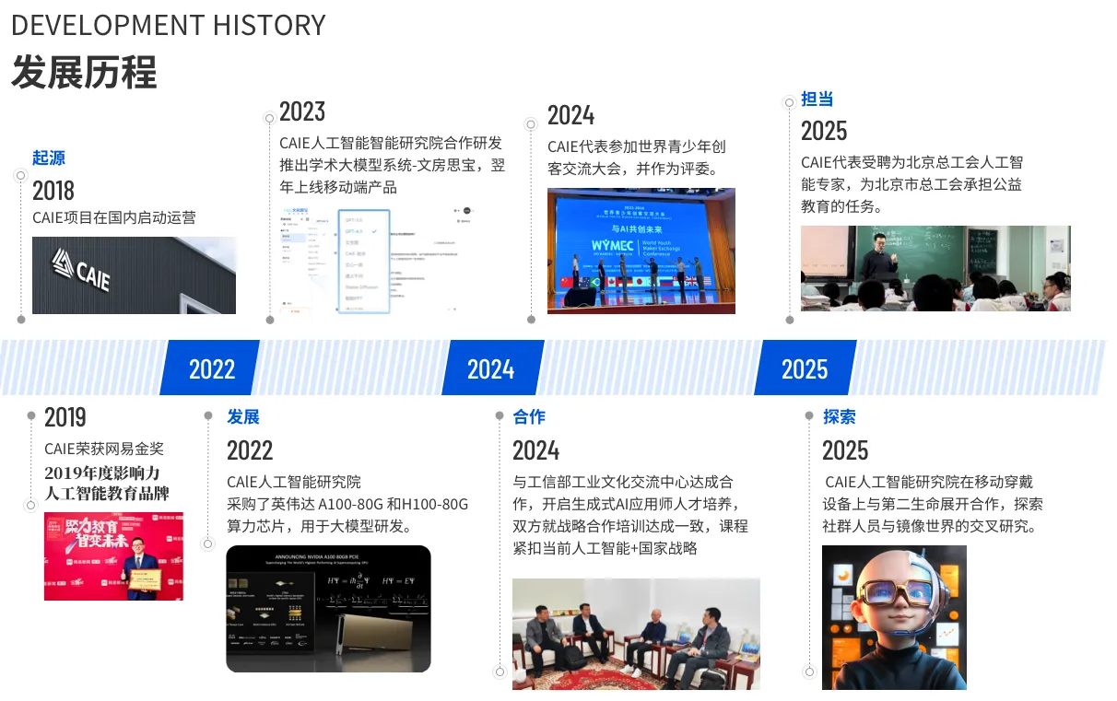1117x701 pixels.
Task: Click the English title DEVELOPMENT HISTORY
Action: coord(168,25)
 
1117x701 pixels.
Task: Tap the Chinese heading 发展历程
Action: coord(84,72)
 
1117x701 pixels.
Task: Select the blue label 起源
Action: coord(49,158)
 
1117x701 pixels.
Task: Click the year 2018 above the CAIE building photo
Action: coord(53,191)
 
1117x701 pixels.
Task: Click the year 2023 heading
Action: coord(302,111)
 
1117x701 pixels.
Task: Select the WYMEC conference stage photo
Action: coord(641,251)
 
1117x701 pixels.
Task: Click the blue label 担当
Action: coord(817,99)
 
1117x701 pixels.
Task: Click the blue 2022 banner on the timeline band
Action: coord(211,368)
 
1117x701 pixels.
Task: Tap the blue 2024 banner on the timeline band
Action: coord(490,368)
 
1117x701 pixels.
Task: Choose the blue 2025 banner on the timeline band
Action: coord(805,368)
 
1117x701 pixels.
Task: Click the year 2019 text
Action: coord(65,417)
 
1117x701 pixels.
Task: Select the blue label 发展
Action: coord(243,417)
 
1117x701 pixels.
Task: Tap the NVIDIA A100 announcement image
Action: coord(328,608)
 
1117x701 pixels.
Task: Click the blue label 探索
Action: coord(839,417)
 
